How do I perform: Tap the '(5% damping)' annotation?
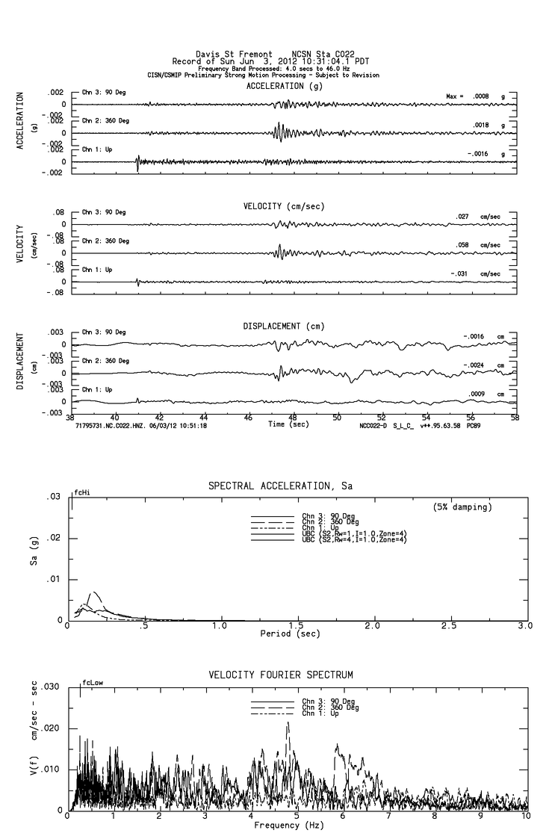[461, 507]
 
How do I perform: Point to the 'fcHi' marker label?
[81, 493]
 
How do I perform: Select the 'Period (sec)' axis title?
[288, 634]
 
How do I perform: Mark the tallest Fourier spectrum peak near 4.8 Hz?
[288, 722]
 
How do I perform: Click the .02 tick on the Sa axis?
[55, 539]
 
